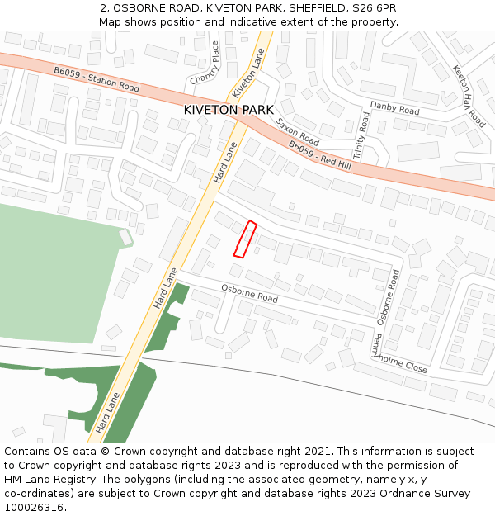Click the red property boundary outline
[x=245, y=239]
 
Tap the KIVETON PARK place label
[x=229, y=110]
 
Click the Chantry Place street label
[x=205, y=63]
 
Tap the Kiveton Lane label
[x=248, y=72]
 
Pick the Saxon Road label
[x=297, y=131]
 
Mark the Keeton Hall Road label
[x=469, y=96]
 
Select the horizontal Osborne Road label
[x=249, y=293]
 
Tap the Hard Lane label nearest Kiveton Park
[x=225, y=163]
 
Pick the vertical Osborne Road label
[x=388, y=296]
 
